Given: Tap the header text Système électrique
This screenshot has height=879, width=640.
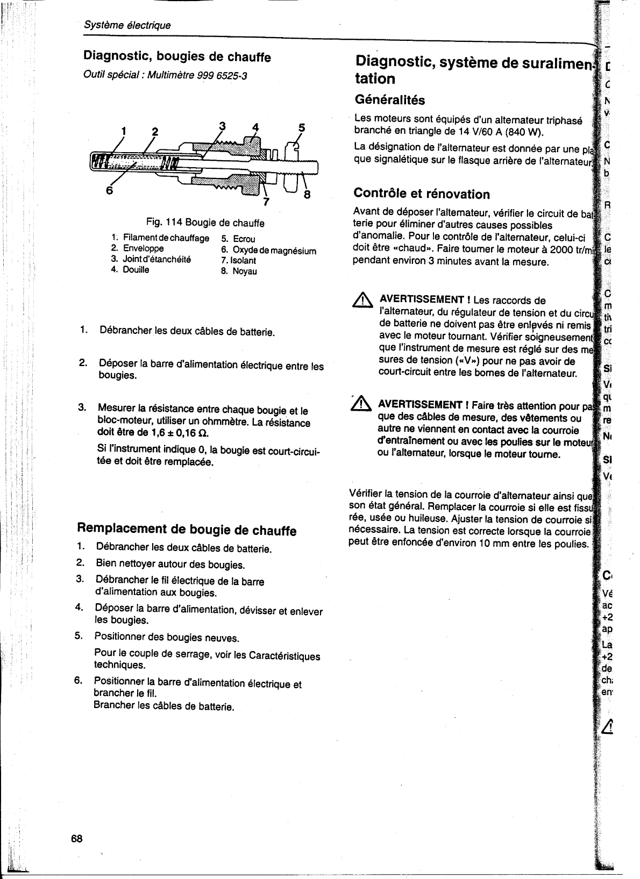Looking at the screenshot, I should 127,25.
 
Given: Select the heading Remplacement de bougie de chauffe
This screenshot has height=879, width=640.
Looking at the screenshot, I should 187,530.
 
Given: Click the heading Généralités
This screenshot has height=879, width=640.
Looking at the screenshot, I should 390,100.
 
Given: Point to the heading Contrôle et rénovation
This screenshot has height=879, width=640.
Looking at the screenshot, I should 421,194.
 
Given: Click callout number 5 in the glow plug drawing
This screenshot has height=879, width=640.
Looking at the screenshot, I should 302,128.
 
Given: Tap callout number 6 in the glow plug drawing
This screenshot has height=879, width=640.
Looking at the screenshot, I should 109,190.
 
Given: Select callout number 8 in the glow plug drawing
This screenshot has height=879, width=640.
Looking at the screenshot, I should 307,195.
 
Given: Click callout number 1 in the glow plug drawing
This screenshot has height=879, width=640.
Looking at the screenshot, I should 124,131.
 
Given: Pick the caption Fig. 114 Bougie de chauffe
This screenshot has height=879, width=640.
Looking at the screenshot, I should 205,223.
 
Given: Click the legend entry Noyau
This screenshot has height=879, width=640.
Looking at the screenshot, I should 245,271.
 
